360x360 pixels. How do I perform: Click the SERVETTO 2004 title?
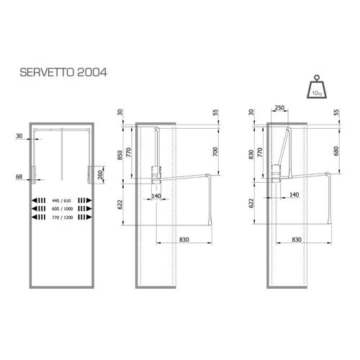tap(63, 72)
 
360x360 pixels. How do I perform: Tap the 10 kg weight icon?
tap(317, 87)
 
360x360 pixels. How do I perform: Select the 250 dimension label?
tap(279, 108)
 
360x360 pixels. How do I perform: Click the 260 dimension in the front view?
tap(101, 174)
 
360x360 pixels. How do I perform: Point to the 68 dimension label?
tap(19, 176)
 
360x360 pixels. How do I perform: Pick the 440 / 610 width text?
tap(61, 201)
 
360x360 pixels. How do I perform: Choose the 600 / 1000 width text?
tap(62, 209)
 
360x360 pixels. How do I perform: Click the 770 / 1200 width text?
tap(62, 217)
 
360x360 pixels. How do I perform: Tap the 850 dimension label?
tap(120, 155)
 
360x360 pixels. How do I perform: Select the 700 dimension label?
tap(215, 152)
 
